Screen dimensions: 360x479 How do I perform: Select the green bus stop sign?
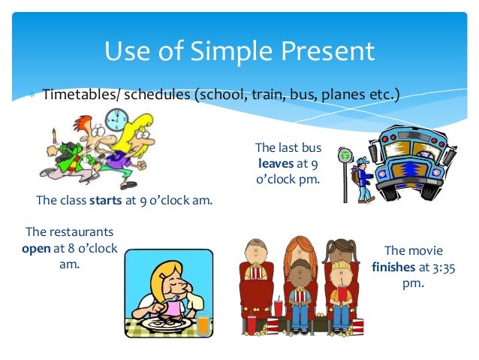click(x=345, y=156)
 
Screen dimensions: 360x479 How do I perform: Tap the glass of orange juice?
click(x=202, y=322)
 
